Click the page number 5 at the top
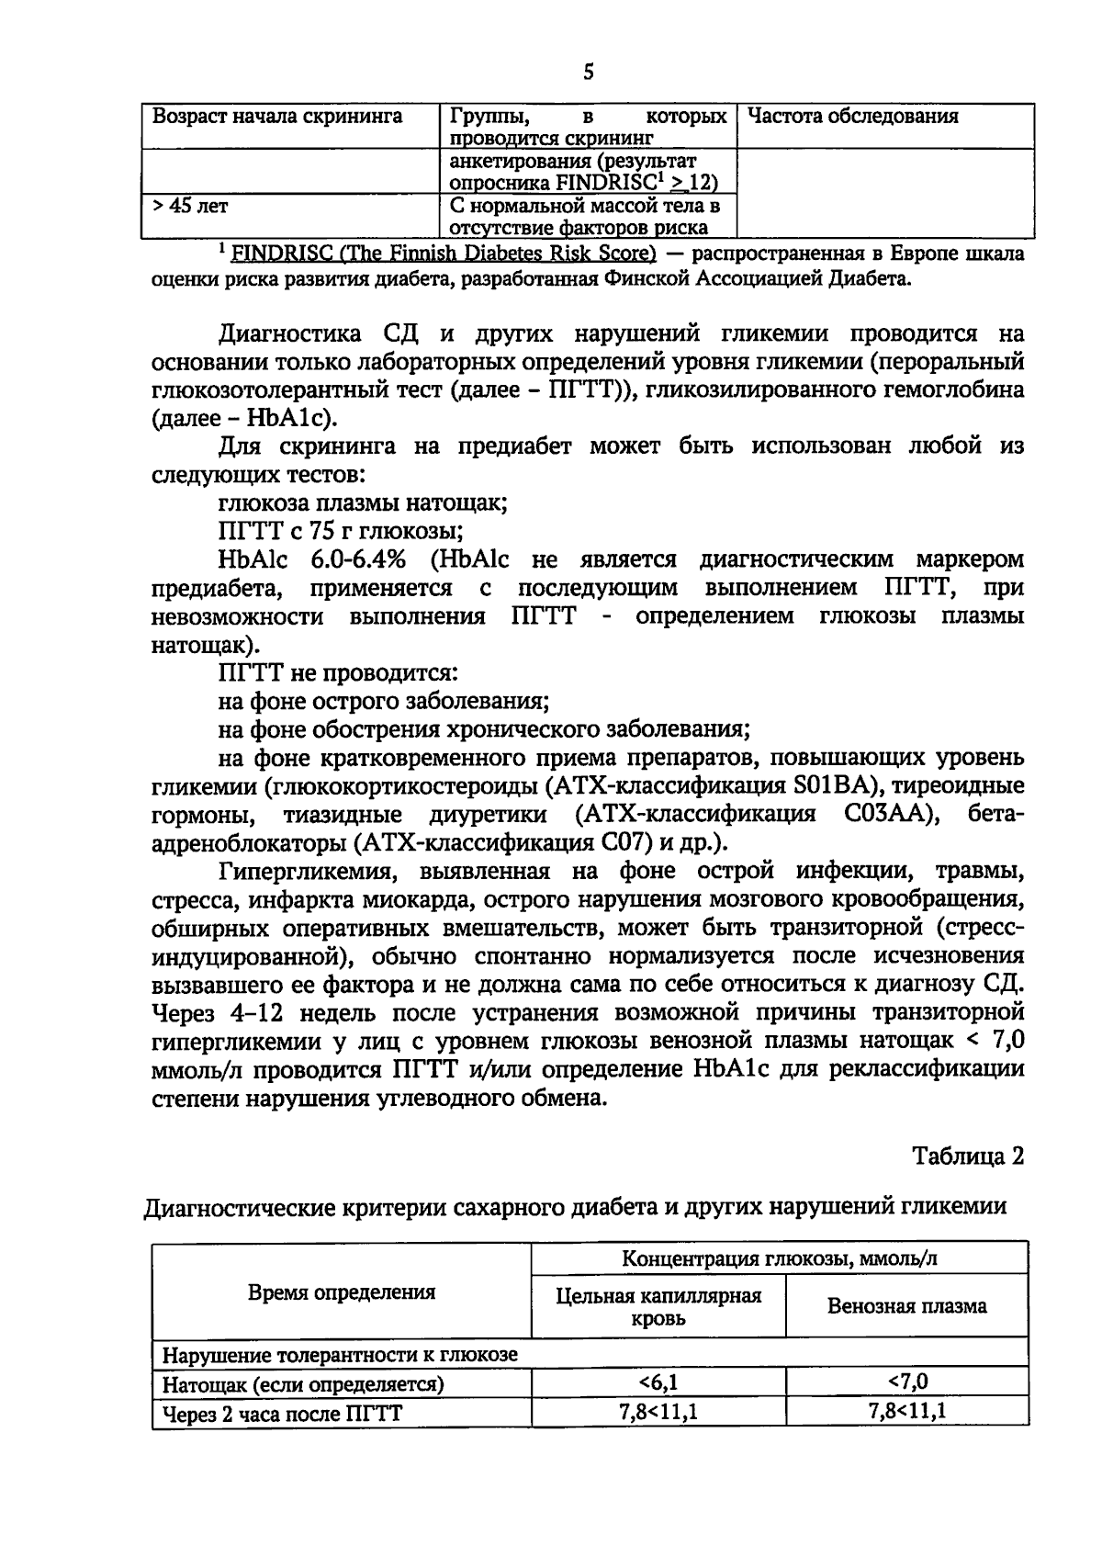(588, 72)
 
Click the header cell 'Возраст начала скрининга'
(276, 117)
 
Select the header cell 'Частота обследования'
(853, 117)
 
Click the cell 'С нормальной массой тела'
(585, 206)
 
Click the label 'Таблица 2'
(967, 1156)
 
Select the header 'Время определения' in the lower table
(342, 1292)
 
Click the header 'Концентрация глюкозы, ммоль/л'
(779, 1258)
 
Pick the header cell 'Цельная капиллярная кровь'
(658, 1306)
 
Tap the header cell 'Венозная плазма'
(906, 1305)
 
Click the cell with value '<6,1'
(658, 1382)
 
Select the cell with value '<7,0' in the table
(907, 1382)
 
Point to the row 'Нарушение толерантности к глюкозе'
(340, 1354)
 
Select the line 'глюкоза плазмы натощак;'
(363, 502)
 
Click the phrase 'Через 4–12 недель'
(266, 1013)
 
